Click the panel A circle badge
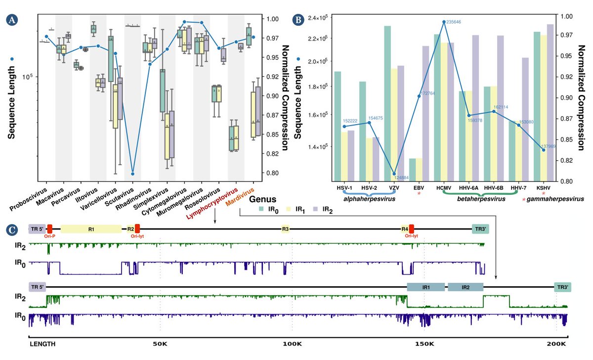(x=11, y=20)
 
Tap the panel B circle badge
(x=298, y=20)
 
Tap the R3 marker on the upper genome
(x=286, y=229)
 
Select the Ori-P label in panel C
(x=50, y=237)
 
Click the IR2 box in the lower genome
(x=465, y=287)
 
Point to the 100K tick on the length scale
(x=292, y=344)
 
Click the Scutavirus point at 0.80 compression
(x=133, y=174)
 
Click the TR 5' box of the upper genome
(x=37, y=229)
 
